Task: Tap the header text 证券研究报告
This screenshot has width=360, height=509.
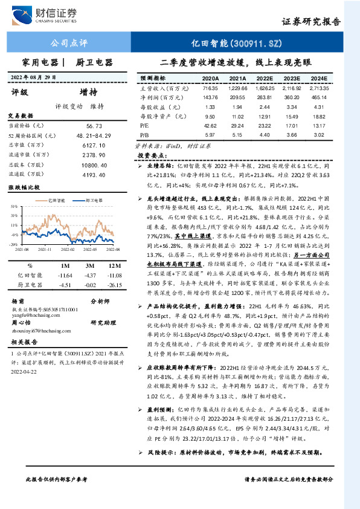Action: (311, 22)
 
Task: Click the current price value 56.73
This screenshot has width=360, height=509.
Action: (94, 125)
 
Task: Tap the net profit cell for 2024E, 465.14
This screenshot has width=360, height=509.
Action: (320, 97)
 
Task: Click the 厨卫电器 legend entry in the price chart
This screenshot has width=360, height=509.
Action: (91, 199)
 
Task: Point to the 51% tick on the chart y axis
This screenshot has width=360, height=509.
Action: (14, 206)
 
